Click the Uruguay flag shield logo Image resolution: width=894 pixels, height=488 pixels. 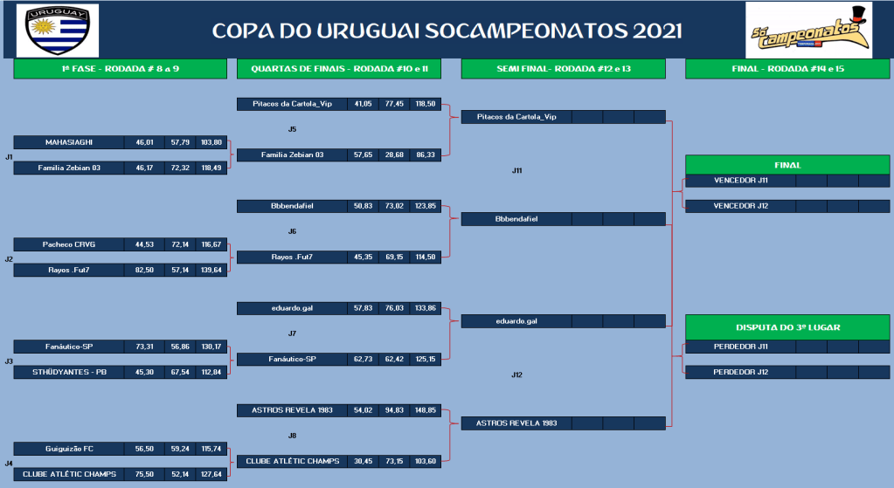coord(58,31)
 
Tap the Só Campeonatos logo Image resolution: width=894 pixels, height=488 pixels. coord(808,31)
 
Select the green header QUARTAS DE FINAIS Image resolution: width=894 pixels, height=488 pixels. coord(339,69)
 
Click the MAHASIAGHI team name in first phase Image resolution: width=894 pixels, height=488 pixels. coord(69,142)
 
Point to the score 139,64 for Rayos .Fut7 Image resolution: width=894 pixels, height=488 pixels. coord(211,270)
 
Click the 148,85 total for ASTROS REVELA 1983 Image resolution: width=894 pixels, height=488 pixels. coord(426,410)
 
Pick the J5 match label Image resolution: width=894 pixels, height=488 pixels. coord(292,129)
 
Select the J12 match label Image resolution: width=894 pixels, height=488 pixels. coord(516,375)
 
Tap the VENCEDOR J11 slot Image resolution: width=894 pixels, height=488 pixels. coord(740,181)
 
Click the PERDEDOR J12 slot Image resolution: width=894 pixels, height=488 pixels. coord(740,372)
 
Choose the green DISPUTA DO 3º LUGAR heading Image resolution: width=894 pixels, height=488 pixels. coord(787,327)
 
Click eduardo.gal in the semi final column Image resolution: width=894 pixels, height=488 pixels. coord(516,321)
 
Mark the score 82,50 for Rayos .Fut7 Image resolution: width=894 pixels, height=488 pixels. coord(144,270)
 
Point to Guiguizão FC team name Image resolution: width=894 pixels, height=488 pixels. coord(69,449)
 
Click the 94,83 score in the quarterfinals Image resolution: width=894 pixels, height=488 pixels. coord(394,410)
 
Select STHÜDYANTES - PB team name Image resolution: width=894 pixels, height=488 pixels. coord(69,372)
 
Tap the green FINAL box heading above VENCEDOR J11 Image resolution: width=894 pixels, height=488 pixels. coord(787,165)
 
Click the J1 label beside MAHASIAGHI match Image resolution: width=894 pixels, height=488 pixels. coord(9,156)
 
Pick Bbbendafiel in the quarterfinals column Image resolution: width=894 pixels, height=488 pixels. coord(292,206)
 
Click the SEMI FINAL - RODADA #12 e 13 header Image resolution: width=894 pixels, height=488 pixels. coord(564,69)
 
